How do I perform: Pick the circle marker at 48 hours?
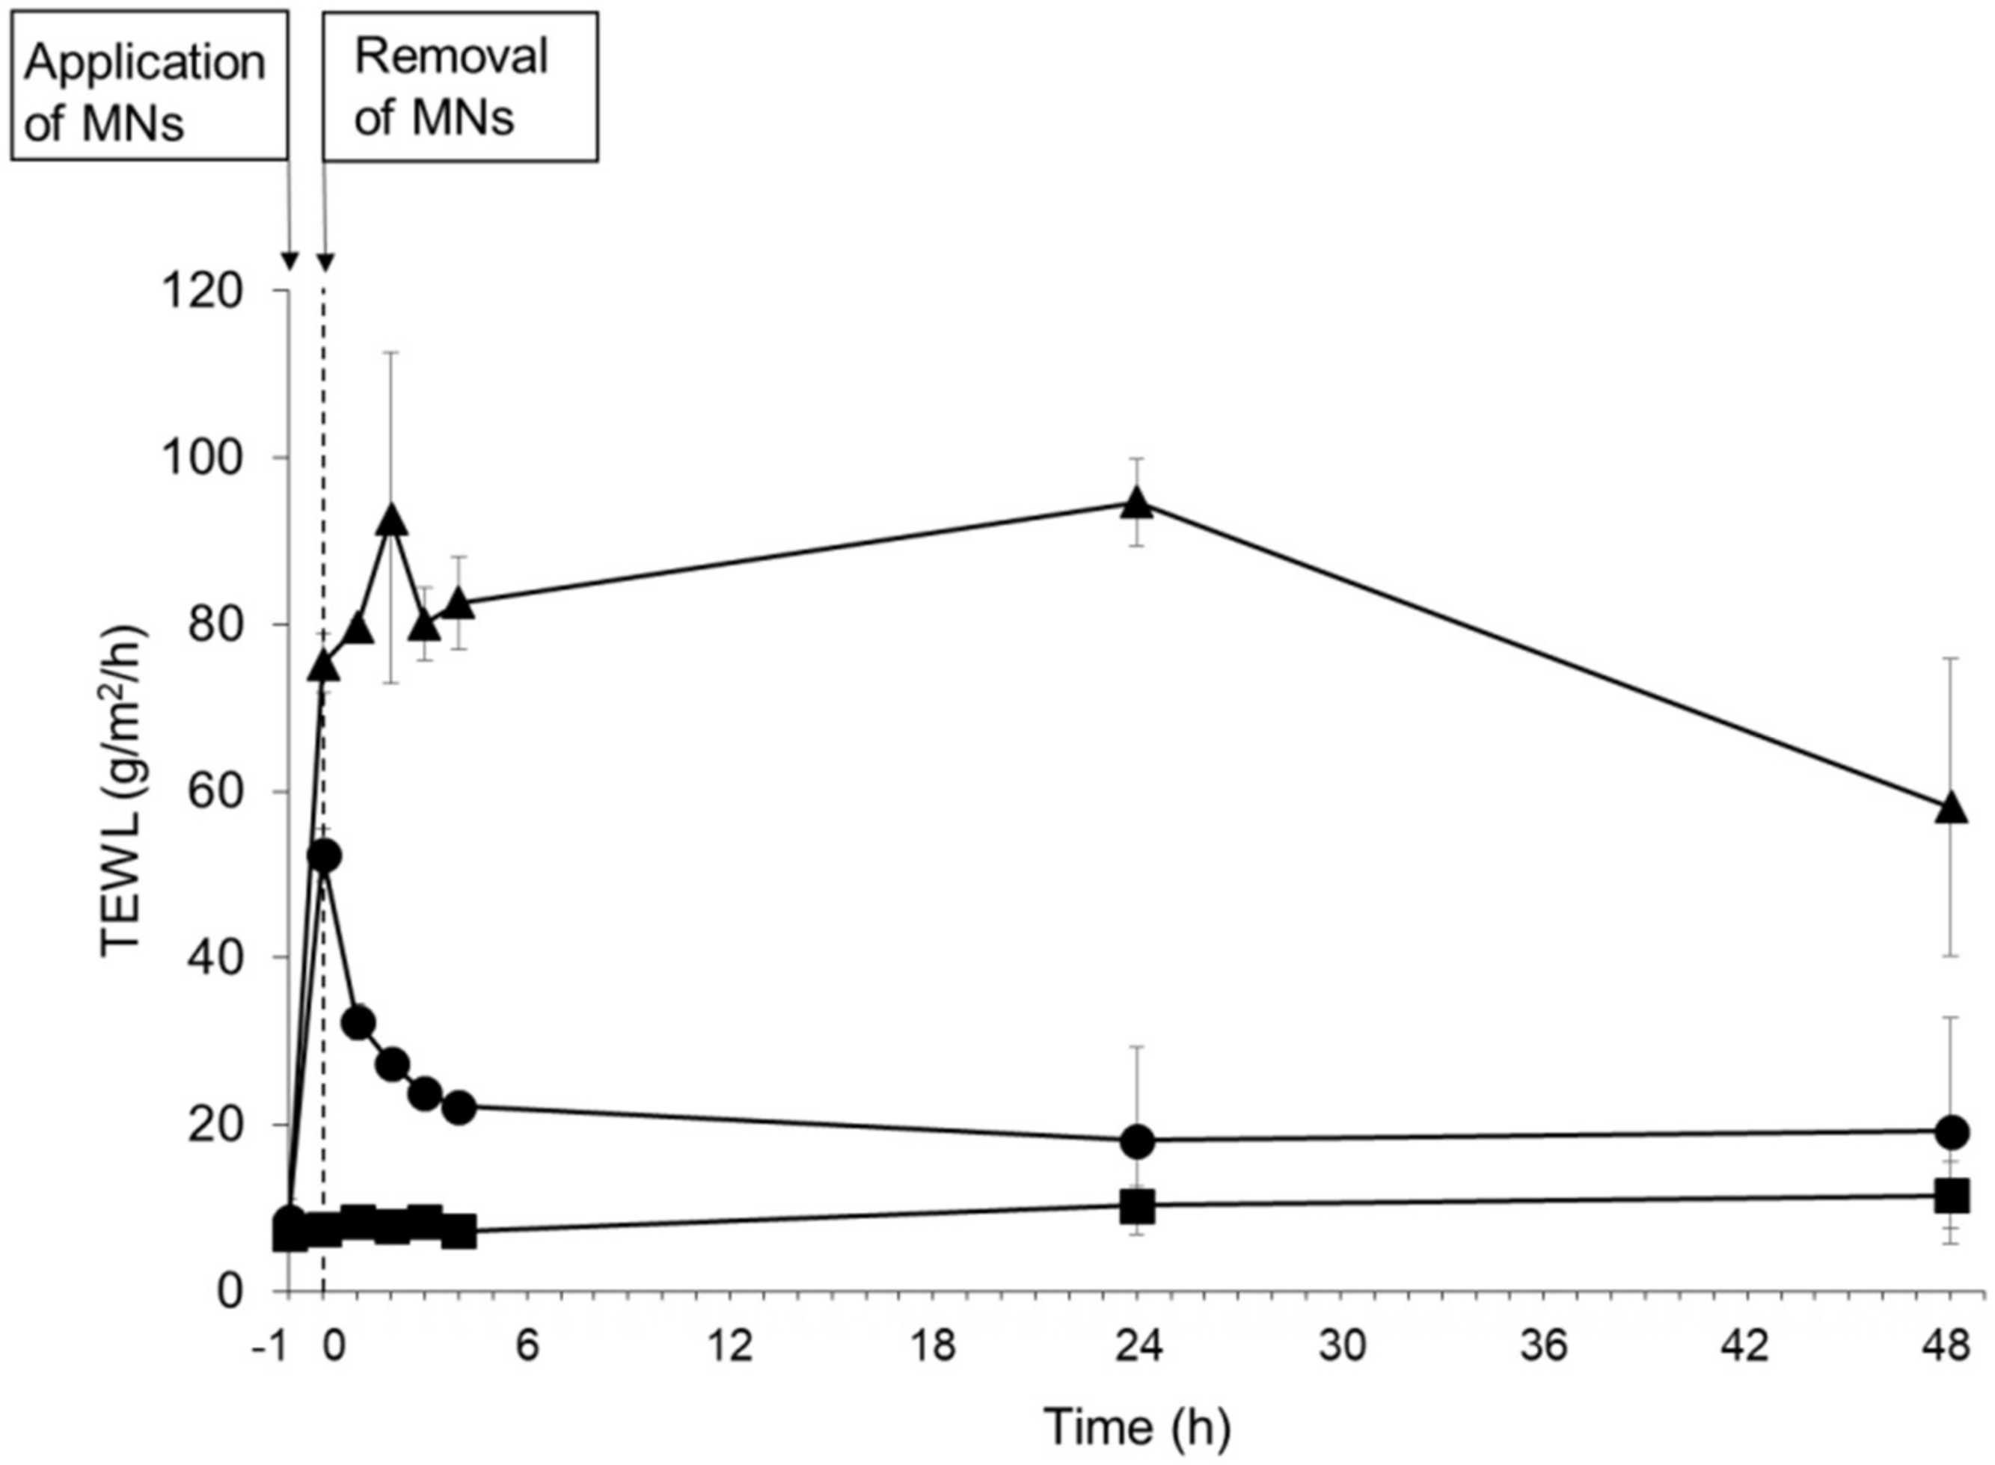point(1952,1131)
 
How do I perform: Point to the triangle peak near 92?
point(392,521)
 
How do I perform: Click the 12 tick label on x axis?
point(731,1347)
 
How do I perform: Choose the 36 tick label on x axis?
point(1545,1347)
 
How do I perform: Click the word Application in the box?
point(144,64)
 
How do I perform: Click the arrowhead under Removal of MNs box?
point(325,263)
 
